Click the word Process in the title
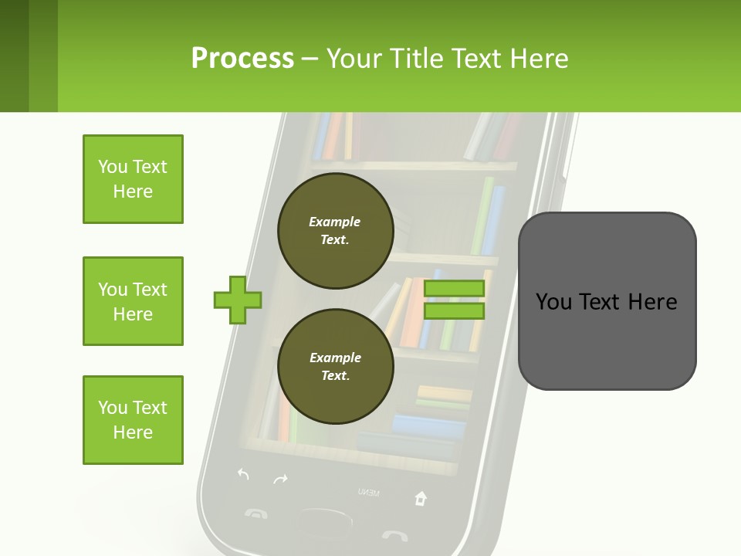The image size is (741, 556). pos(242,58)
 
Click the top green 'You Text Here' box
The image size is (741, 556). pos(133,179)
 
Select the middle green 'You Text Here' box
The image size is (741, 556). pos(133,301)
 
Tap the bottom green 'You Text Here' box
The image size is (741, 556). pos(133,420)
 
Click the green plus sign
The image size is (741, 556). pos(238,300)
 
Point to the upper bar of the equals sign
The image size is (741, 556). pos(454,289)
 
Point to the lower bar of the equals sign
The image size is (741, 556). pos(454,311)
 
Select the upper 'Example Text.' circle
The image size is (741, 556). pos(335,231)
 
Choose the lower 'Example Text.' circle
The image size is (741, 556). pos(335,367)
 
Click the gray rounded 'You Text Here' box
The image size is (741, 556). pos(607,301)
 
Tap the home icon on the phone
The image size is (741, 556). pos(420,498)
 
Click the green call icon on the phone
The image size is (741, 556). pos(255,512)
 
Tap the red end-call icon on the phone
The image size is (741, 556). pos(394,534)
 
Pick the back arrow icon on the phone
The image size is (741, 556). pos(243,474)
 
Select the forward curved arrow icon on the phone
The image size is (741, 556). pos(280,480)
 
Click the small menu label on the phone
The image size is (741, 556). pos(368,492)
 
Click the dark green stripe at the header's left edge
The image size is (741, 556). pos(14,56)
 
